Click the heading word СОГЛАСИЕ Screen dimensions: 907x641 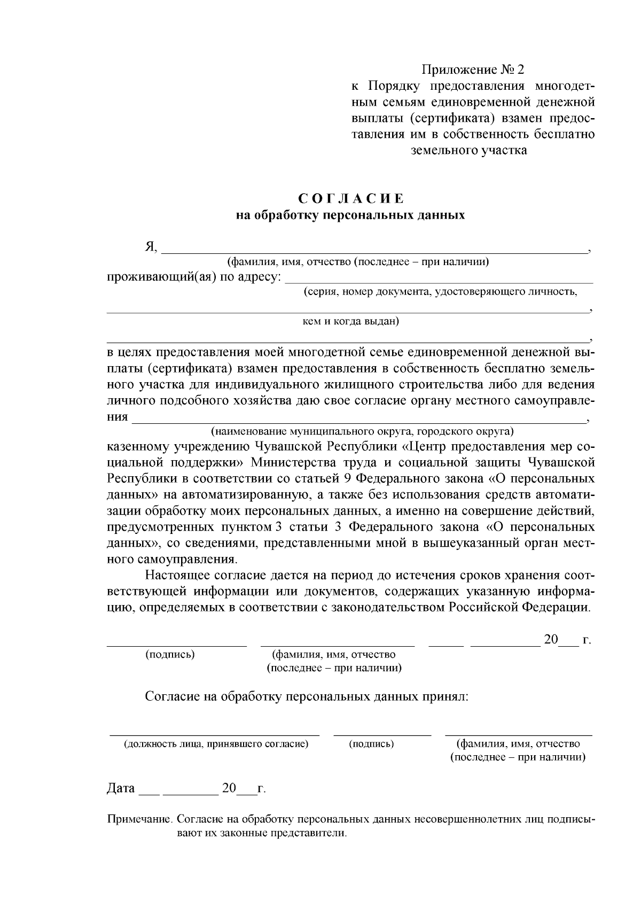tap(351, 199)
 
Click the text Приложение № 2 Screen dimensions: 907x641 tap(473, 70)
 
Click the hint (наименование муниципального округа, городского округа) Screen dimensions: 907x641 tap(362, 431)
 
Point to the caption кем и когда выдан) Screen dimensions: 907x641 tap(350, 322)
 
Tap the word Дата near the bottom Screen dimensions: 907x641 tap(121, 788)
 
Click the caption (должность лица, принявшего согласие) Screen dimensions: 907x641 tap(216, 743)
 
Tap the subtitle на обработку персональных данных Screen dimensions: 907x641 tap(350, 215)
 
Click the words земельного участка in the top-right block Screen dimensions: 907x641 tap(468, 150)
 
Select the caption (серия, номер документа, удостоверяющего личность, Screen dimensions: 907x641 tap(440, 292)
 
